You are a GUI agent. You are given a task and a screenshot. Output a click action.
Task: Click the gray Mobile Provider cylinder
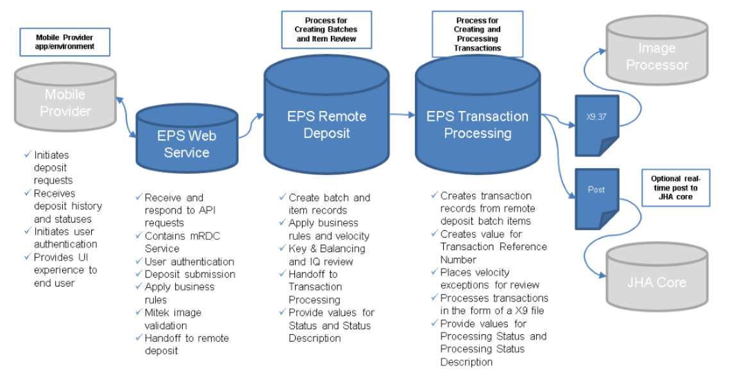click(65, 103)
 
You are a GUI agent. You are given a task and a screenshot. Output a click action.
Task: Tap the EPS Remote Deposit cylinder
click(326, 124)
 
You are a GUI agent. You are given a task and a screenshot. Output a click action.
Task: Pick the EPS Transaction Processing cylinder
click(477, 124)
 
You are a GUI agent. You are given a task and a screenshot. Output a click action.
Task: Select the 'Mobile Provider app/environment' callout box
click(65, 42)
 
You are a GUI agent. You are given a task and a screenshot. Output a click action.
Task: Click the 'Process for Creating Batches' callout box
click(326, 29)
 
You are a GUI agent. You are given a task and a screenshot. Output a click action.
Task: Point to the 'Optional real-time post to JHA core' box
click(676, 188)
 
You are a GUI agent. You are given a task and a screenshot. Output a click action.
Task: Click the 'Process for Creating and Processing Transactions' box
click(476, 35)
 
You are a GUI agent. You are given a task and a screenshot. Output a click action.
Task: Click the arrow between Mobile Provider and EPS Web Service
click(124, 115)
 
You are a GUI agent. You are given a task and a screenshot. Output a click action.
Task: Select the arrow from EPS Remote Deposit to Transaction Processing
click(401, 115)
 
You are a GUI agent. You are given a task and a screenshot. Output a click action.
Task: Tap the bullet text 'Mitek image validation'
click(173, 319)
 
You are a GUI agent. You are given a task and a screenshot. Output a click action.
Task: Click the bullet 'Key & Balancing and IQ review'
click(326, 255)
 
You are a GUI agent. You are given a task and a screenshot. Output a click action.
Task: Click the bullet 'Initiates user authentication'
click(65, 237)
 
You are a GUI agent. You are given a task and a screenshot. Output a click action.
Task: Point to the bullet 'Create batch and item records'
click(329, 203)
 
